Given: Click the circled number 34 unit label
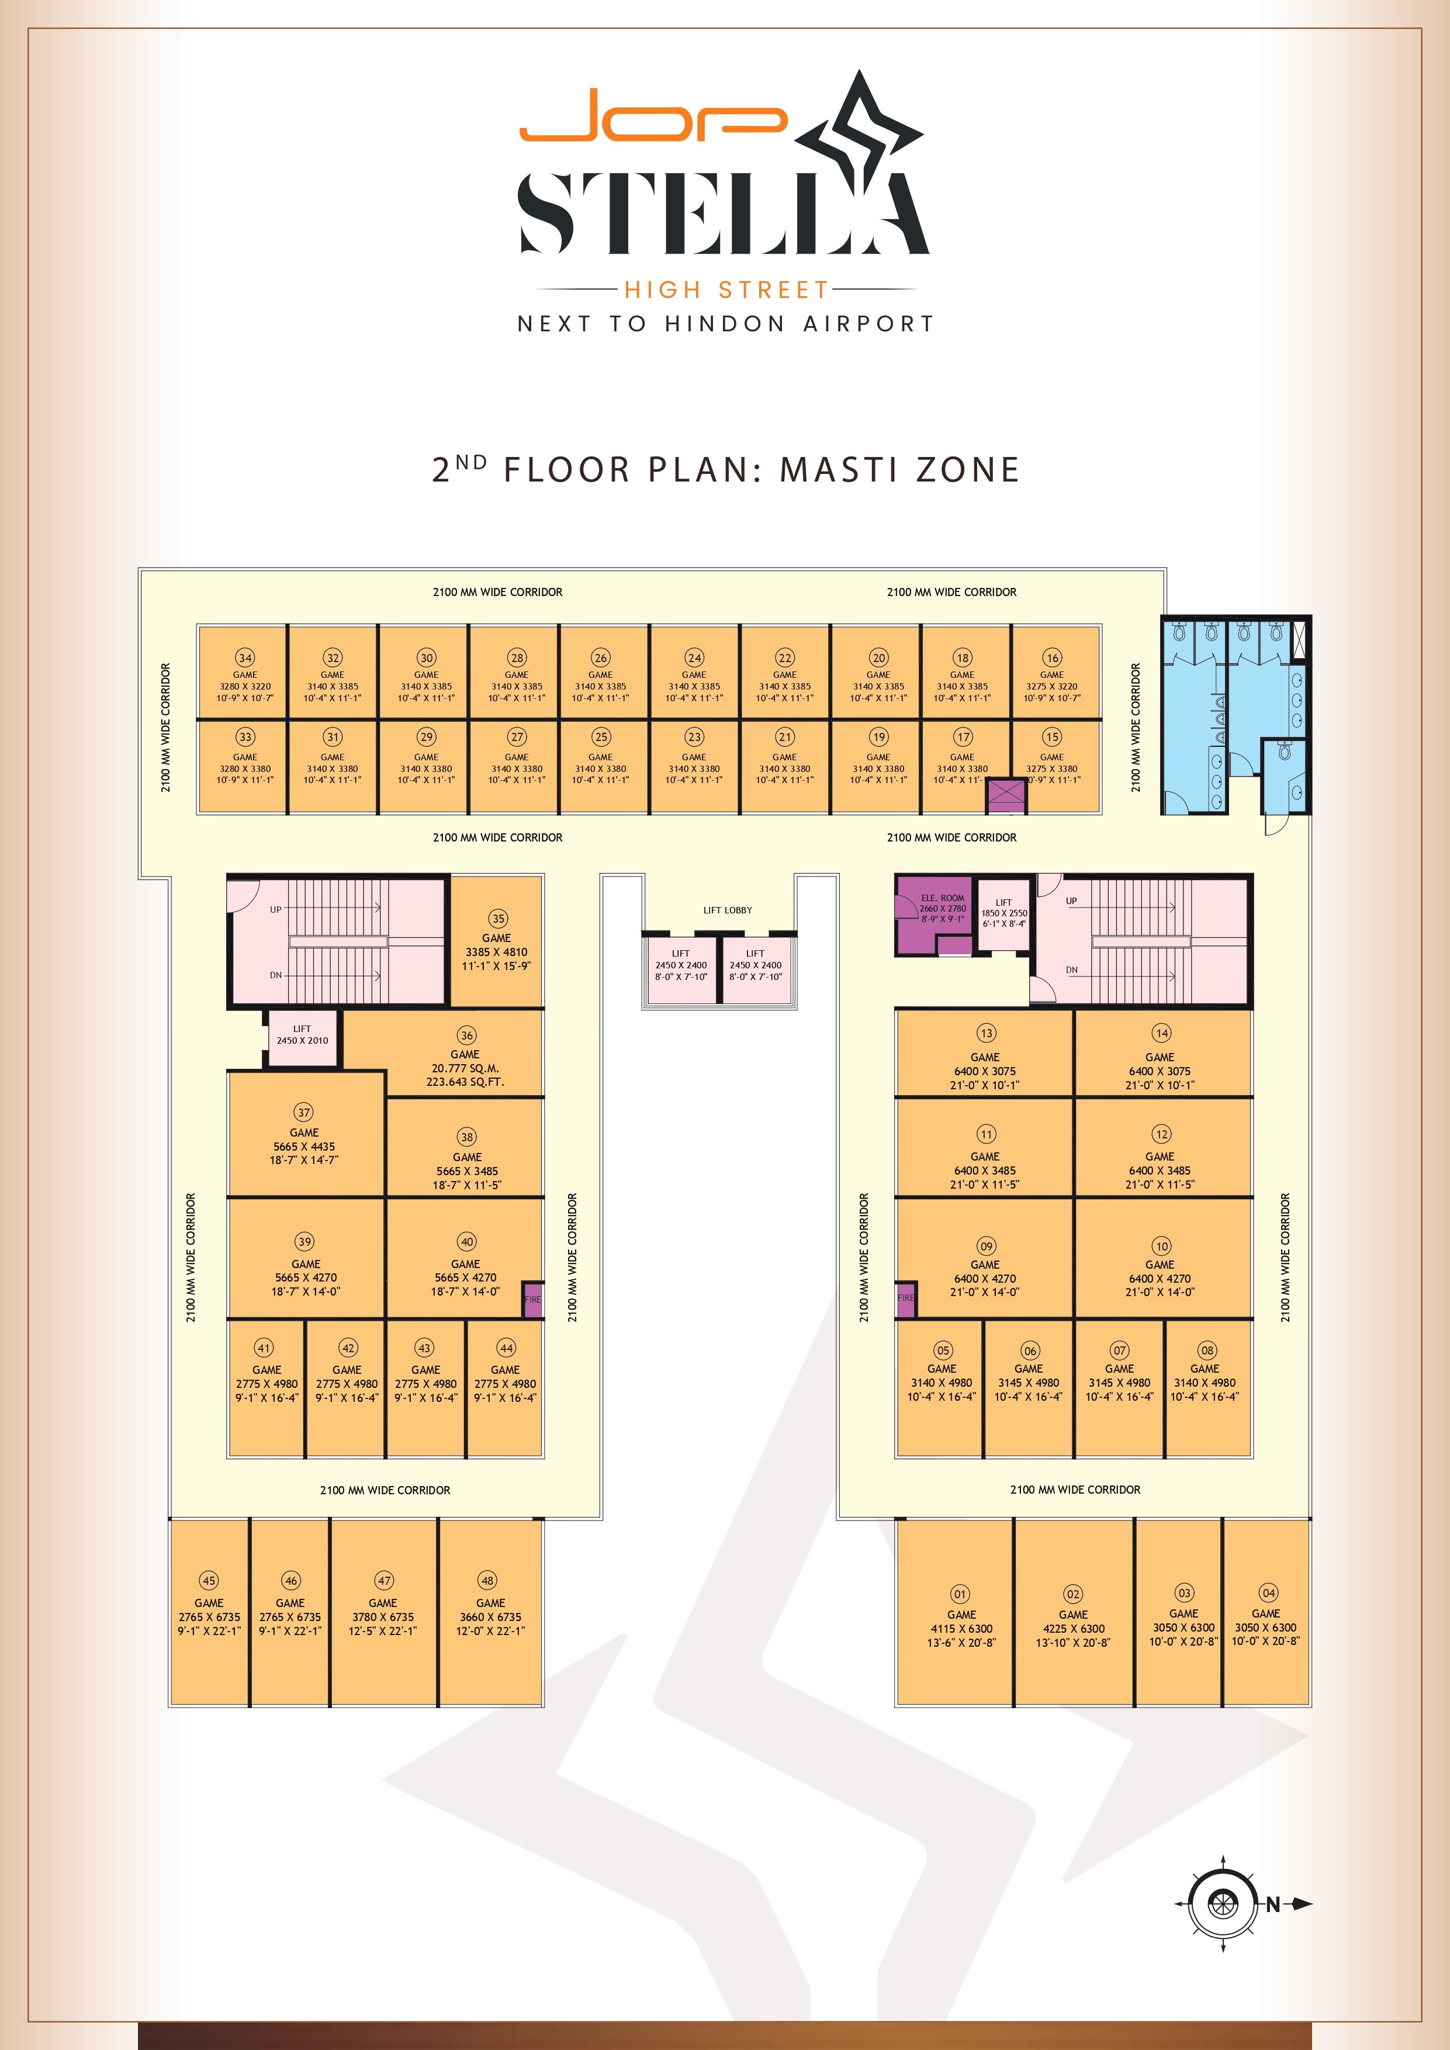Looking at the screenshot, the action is [x=245, y=657].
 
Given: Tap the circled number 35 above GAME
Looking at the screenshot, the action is [x=498, y=918].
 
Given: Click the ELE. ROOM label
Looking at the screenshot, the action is [x=942, y=898].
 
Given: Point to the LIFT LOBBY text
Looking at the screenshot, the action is [x=728, y=910].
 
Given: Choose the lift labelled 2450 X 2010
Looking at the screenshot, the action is [x=303, y=1038].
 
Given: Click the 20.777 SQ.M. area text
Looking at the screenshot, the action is [x=465, y=1068].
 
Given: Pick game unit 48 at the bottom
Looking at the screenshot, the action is [x=491, y=1612].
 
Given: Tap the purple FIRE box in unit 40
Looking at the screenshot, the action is [x=532, y=1299].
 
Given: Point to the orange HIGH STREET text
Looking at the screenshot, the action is [x=727, y=289].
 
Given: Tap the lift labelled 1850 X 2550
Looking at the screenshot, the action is [x=1003, y=912].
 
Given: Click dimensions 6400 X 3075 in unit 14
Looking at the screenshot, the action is [x=1160, y=1071].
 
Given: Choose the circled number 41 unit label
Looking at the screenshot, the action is [x=264, y=1348].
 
